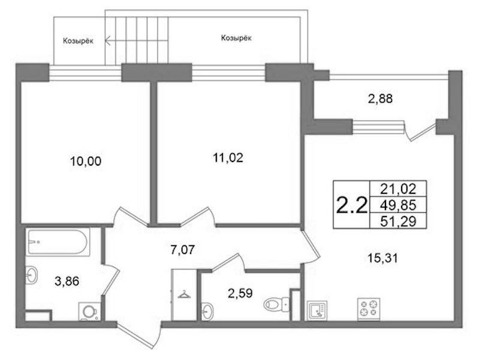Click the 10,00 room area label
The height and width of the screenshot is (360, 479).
86,161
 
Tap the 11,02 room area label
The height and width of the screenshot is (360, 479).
228,158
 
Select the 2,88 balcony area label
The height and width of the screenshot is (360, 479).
380,99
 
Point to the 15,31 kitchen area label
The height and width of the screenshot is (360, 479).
382,259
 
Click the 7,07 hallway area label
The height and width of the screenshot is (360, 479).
182,250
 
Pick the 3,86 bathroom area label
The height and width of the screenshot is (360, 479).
67,281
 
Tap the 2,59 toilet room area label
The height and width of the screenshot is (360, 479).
240,293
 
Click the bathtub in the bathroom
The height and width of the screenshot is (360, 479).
58,242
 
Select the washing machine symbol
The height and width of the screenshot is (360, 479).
89,311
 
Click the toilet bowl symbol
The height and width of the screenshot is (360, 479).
276,304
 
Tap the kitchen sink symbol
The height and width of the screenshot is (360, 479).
317,310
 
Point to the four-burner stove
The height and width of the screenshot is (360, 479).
369,309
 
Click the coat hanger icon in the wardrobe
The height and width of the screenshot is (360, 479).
184,294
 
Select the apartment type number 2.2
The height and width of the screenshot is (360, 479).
351,205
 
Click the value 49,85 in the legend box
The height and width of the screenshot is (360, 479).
398,205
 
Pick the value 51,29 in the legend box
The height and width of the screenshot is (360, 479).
398,221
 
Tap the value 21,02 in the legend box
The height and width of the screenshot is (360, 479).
398,189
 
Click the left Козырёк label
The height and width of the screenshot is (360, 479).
78,41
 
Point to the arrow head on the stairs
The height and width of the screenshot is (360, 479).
107,40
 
